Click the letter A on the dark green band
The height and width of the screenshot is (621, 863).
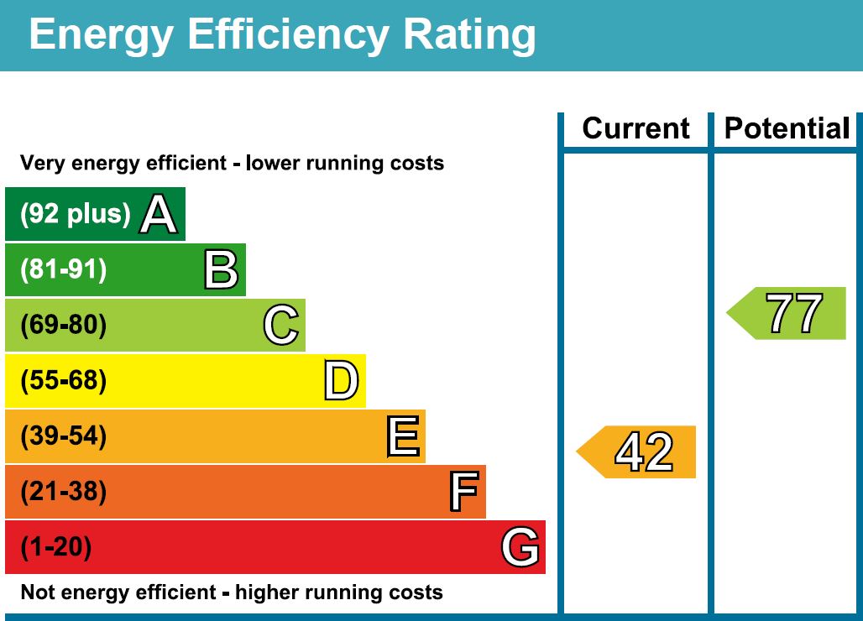tap(159, 214)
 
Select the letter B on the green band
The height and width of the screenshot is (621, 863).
tap(221, 270)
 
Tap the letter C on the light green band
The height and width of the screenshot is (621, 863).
tap(280, 326)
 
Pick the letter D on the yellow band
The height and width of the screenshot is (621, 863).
tap(342, 381)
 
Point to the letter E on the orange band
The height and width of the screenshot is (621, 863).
tap(403, 436)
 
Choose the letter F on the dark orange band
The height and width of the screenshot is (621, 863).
tap(463, 492)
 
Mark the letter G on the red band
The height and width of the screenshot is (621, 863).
tap(520, 547)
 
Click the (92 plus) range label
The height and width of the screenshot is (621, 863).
tap(76, 215)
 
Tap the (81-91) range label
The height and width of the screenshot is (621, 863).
tap(64, 270)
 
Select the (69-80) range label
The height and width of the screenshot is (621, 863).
tap(64, 326)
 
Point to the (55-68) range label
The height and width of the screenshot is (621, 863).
tap(64, 381)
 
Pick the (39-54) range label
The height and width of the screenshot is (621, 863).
tap(64, 436)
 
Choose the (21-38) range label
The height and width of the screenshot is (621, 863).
tap(64, 492)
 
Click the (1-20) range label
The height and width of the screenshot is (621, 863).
tap(55, 547)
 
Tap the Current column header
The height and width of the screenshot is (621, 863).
tap(635, 128)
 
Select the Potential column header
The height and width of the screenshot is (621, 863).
tap(787, 128)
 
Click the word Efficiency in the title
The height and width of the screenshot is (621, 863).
tap(288, 35)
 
